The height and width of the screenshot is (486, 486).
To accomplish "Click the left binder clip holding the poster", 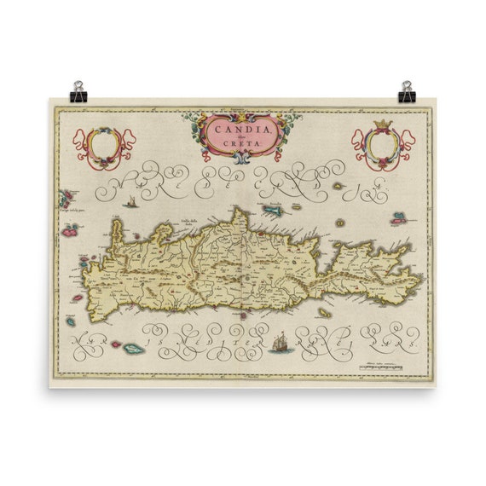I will coord(79,90).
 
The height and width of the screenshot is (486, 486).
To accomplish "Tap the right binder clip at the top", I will coord(406,90).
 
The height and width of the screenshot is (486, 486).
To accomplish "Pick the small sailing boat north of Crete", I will coord(130,202).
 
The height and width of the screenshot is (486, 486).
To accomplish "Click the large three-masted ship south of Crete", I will coord(281,342).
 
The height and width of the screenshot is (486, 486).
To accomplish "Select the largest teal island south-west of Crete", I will coord(134,349).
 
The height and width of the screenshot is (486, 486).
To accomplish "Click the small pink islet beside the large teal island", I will coord(115,344).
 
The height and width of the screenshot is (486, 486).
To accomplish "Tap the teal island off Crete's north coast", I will coord(273,209).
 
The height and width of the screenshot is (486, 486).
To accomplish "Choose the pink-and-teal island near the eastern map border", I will coord(398,218).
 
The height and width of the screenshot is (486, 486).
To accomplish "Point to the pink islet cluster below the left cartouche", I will coord(66,200).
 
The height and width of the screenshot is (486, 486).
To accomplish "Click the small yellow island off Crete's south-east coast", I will coord(325,313).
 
